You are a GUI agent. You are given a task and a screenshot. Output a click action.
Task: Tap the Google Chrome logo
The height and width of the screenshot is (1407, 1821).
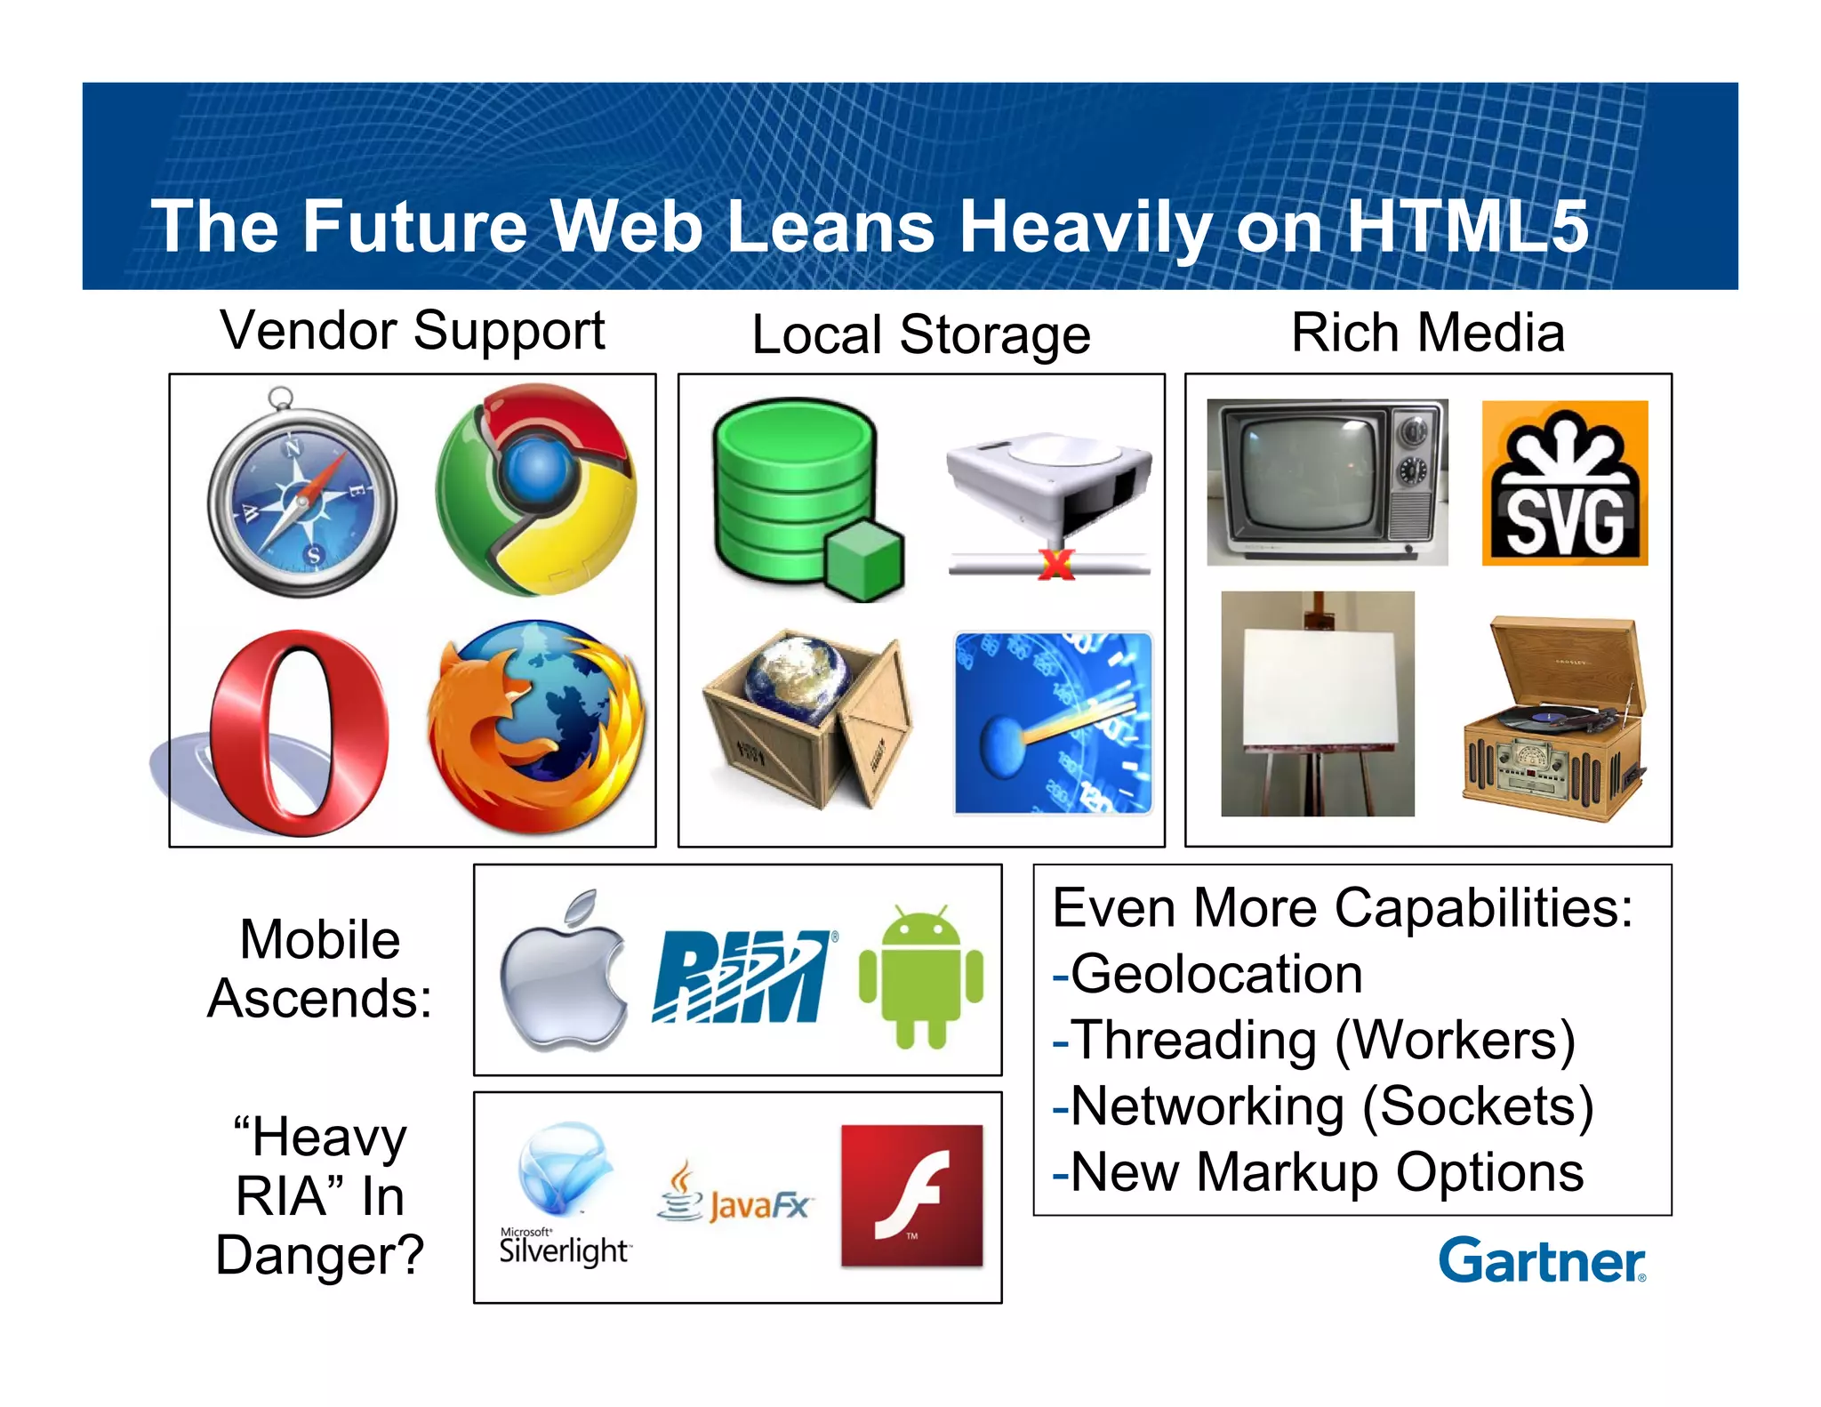tap(537, 489)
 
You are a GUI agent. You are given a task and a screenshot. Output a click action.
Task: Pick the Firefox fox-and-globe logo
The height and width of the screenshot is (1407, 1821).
tap(536, 728)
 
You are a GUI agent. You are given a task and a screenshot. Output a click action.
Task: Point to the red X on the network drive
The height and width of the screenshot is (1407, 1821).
tap(1056, 564)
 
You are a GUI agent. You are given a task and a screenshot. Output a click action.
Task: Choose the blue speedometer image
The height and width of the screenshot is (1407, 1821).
tap(1053, 723)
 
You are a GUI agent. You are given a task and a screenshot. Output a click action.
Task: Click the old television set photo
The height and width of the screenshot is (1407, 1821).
tap(1327, 482)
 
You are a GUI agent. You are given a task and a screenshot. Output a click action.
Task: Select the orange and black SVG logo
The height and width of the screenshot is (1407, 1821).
tap(1564, 483)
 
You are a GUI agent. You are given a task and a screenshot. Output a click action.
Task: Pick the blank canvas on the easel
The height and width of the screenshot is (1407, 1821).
tap(1318, 703)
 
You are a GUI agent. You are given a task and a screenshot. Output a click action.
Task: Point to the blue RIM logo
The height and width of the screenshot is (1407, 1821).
tap(743, 977)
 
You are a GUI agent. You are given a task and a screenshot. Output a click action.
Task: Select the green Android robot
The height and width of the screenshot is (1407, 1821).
tap(921, 976)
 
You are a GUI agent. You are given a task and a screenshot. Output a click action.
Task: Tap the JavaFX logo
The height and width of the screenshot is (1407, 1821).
tap(734, 1194)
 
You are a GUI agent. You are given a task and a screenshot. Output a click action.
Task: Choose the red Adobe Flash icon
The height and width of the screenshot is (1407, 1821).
tap(912, 1195)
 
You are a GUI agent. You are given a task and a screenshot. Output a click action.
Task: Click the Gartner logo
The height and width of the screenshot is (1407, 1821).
tap(1542, 1260)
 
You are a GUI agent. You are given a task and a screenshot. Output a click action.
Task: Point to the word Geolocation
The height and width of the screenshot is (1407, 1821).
tap(1215, 974)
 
